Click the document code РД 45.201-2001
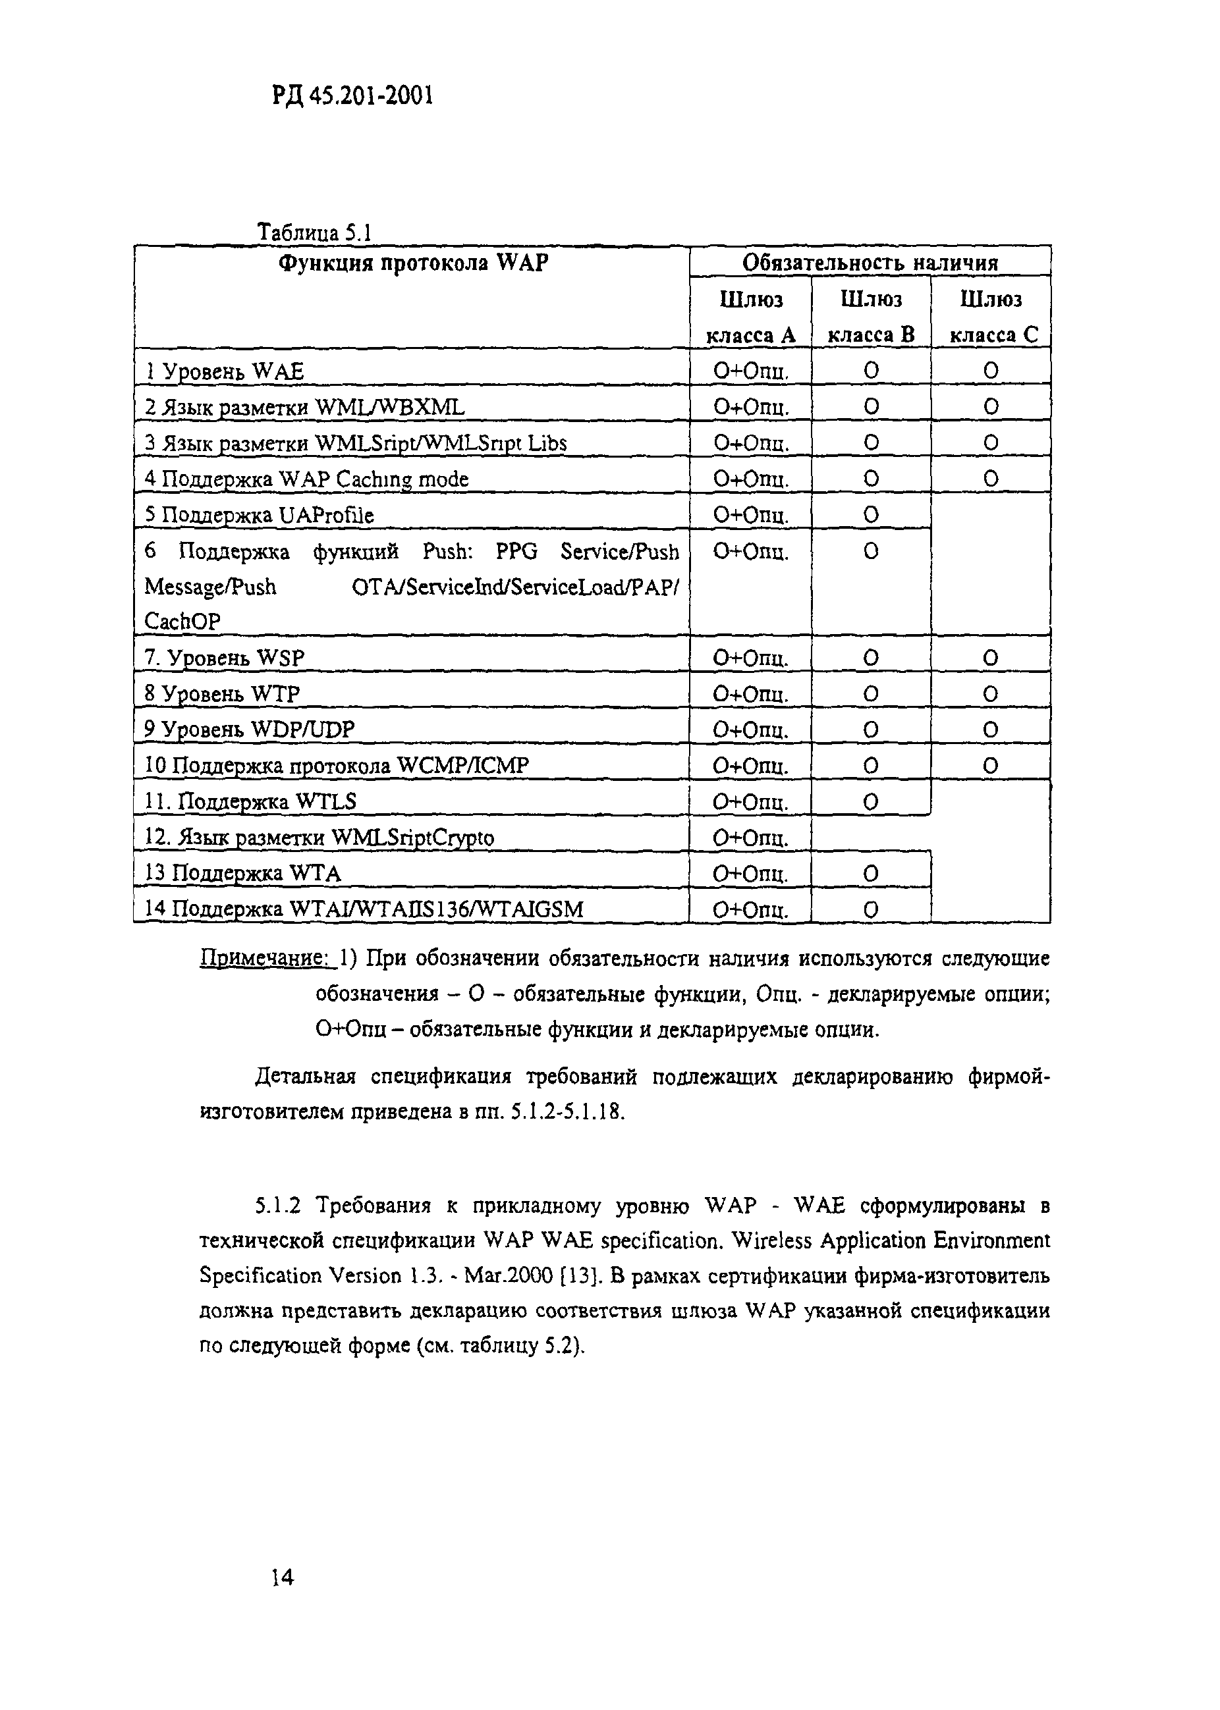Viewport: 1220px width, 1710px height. [x=351, y=97]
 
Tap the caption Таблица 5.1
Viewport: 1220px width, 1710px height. [x=315, y=232]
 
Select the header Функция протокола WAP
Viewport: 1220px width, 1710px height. [x=412, y=263]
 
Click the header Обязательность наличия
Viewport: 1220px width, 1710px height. [x=870, y=263]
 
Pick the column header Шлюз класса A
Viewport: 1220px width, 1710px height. [x=750, y=317]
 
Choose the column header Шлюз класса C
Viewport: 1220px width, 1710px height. [x=991, y=317]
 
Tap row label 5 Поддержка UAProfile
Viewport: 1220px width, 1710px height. [x=259, y=515]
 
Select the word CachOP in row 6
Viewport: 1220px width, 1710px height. [x=182, y=622]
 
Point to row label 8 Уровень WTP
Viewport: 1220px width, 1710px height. [x=223, y=693]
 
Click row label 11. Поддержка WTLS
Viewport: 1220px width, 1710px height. [x=250, y=802]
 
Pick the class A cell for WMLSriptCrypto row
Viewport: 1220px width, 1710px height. [x=750, y=838]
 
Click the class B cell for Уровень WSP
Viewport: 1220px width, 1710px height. [x=871, y=658]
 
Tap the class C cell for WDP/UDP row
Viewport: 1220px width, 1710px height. [x=991, y=729]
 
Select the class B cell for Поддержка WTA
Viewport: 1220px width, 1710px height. [x=871, y=873]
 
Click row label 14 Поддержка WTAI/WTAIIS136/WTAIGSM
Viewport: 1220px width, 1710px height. [x=364, y=909]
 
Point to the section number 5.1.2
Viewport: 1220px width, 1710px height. [x=277, y=1207]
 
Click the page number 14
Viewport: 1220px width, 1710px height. [x=283, y=1577]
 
